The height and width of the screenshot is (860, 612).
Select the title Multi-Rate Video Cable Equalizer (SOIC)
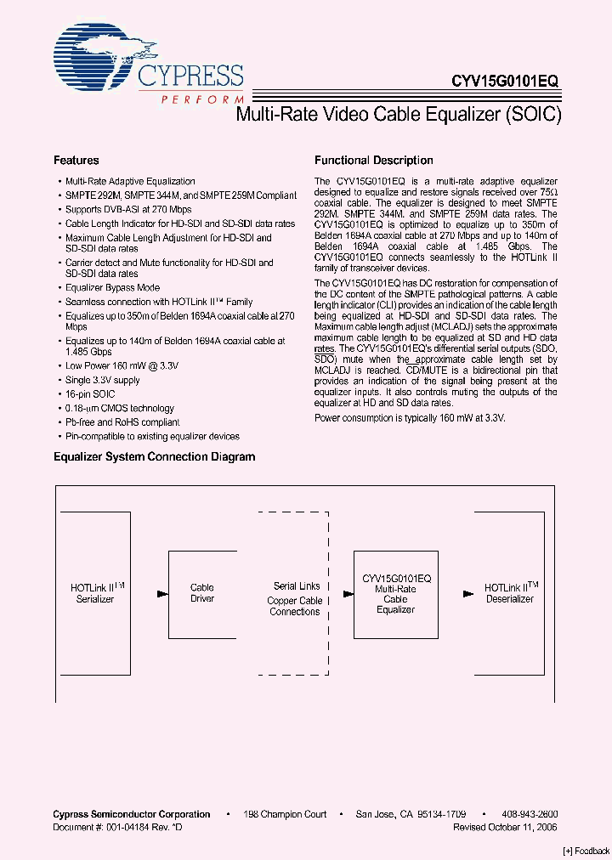tap(398, 116)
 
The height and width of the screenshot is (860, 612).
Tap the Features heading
tap(76, 161)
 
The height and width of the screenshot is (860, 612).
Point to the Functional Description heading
tap(374, 161)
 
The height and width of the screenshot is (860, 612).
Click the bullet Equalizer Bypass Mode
tap(112, 288)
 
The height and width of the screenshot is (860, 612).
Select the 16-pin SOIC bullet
tap(90, 394)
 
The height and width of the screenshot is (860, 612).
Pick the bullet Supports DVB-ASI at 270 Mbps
tap(128, 209)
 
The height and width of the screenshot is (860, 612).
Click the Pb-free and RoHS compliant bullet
tap(122, 422)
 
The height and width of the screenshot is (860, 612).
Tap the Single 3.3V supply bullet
tap(103, 380)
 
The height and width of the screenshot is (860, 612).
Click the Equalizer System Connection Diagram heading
tap(155, 457)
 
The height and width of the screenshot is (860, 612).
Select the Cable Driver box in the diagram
tap(202, 593)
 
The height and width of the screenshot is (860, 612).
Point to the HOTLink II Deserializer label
tap(511, 593)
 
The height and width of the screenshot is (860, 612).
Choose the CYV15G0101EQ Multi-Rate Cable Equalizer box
tap(396, 593)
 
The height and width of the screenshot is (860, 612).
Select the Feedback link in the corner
tap(586, 851)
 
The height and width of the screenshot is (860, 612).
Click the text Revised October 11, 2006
tap(505, 827)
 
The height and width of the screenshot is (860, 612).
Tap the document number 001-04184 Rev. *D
tap(117, 827)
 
